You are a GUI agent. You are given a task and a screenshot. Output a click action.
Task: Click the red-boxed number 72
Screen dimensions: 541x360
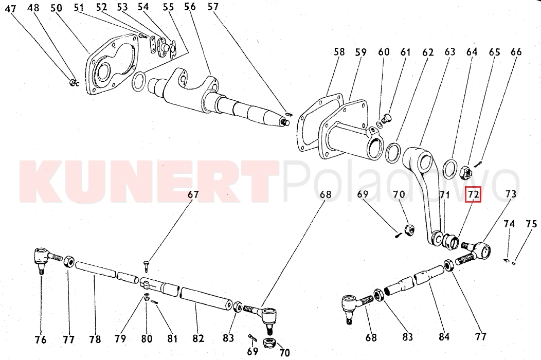pyautogui.click(x=473, y=195)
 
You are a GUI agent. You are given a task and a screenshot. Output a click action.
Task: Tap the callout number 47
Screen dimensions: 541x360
pyautogui.click(x=11, y=8)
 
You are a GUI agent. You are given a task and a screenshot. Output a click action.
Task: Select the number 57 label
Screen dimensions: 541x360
pyautogui.click(x=213, y=7)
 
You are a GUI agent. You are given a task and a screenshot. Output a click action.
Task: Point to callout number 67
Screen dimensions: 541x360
pyautogui.click(x=193, y=195)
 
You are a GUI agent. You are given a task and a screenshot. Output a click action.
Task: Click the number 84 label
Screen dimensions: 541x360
pyautogui.click(x=444, y=336)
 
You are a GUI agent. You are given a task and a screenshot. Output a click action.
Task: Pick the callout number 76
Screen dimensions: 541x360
pyautogui.click(x=40, y=339)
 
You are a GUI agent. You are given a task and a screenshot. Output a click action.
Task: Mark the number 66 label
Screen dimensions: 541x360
pyautogui.click(x=516, y=52)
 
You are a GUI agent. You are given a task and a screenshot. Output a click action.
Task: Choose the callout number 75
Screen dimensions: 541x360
pyautogui.click(x=531, y=224)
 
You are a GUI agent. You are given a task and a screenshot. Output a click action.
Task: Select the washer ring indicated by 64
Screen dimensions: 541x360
pyautogui.click(x=450, y=169)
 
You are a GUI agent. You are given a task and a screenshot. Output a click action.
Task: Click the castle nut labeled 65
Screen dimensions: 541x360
pyautogui.click(x=466, y=172)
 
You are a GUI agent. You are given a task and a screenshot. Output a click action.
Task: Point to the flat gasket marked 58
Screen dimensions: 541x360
pyautogui.click(x=320, y=122)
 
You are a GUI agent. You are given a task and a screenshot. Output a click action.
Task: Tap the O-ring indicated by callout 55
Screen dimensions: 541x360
pyautogui.click(x=139, y=81)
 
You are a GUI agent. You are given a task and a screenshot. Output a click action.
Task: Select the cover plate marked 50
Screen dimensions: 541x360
pyautogui.click(x=112, y=65)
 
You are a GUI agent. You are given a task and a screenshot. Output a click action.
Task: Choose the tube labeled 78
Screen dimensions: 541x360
pyautogui.click(x=96, y=269)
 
